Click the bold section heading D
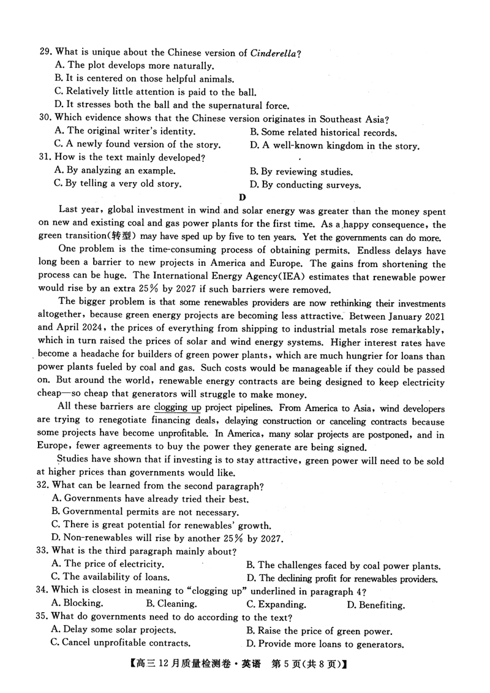click(x=243, y=197)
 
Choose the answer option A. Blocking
click(x=78, y=604)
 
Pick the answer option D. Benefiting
click(x=375, y=605)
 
